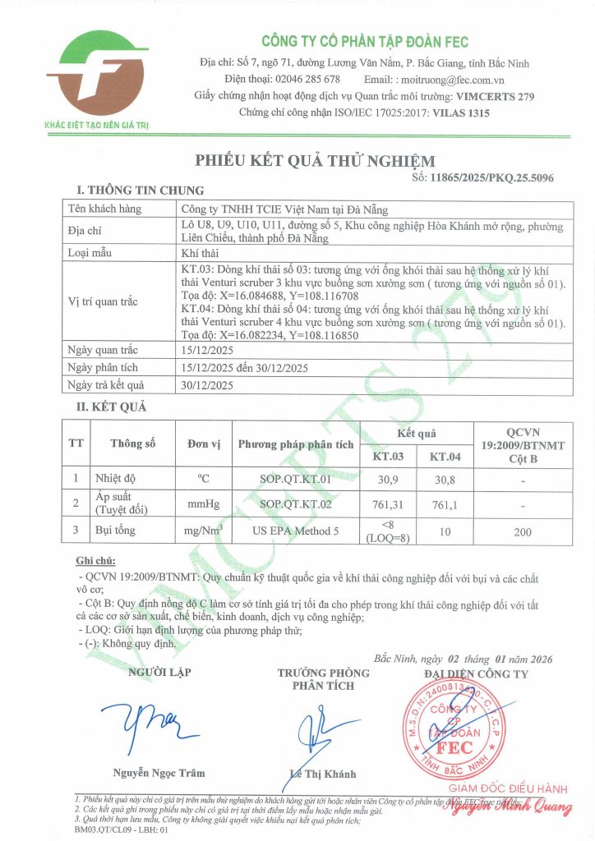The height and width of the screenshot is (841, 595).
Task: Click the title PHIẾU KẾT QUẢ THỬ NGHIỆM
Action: click(315, 160)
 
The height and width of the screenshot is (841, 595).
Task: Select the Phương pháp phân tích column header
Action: click(296, 444)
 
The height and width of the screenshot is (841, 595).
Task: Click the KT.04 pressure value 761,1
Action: click(445, 504)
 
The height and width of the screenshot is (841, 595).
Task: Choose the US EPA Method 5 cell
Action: click(296, 531)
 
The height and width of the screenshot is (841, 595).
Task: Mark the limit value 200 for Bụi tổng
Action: click(522, 531)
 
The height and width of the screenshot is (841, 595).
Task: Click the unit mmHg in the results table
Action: click(204, 504)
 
